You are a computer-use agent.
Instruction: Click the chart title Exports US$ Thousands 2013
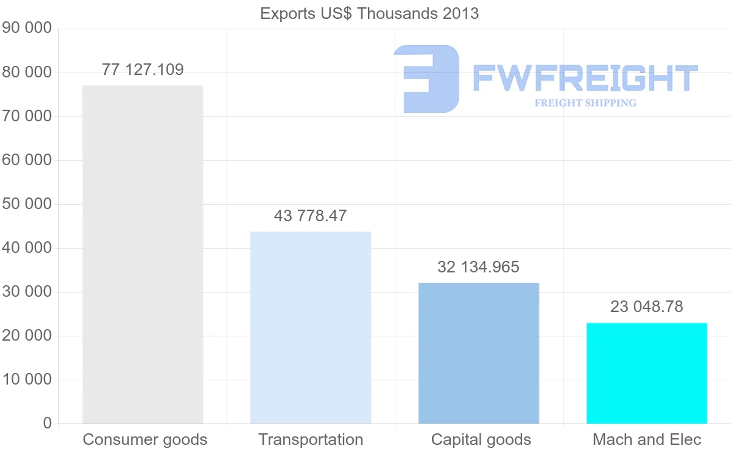click(369, 13)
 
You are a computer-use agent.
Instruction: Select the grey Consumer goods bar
click(143, 255)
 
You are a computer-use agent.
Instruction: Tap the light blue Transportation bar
click(311, 327)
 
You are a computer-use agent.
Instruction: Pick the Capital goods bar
click(479, 353)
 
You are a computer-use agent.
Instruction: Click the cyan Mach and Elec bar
click(646, 373)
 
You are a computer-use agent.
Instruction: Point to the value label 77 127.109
click(143, 69)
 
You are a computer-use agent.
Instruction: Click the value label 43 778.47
click(310, 216)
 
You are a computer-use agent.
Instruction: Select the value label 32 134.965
click(478, 267)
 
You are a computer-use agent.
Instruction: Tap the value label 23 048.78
click(646, 307)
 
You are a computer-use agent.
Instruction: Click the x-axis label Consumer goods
click(145, 439)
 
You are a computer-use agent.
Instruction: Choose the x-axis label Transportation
click(311, 439)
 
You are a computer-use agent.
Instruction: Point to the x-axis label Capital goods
click(481, 439)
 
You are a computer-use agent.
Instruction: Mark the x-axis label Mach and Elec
click(647, 439)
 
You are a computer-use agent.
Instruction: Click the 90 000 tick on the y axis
click(27, 29)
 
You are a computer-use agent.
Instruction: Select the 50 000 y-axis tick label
click(27, 204)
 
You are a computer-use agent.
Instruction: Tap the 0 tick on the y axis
click(48, 424)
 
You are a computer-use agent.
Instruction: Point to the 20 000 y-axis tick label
click(27, 336)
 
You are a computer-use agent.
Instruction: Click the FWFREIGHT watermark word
click(585, 78)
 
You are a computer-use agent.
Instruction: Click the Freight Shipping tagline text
click(585, 103)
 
